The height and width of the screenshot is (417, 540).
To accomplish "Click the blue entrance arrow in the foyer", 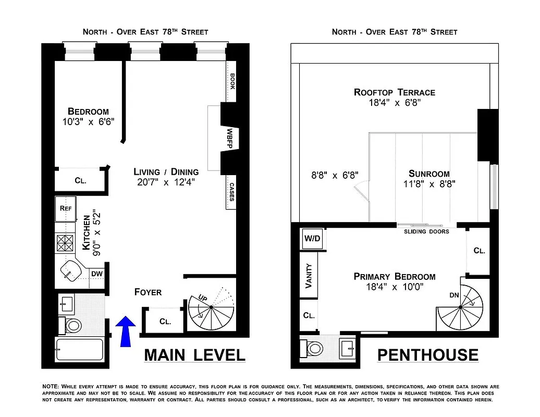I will pos(125,332).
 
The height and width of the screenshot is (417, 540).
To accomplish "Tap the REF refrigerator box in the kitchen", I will pos(66,208).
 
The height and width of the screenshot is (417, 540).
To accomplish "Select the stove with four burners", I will pos(66,243).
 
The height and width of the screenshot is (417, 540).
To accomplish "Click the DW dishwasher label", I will pos(97,274).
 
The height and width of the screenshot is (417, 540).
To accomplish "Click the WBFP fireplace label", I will pos(229,139).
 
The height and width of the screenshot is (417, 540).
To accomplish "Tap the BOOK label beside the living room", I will pos(232,81).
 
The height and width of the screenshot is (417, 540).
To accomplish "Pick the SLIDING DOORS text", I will pos(426,231).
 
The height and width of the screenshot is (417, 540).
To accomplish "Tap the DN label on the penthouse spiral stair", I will pos(455,295).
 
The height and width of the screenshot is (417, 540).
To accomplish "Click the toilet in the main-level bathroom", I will pos(71,326).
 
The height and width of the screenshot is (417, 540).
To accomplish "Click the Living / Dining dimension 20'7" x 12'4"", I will pos(166,182).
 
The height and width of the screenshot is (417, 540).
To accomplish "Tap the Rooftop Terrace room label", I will pos(394,92).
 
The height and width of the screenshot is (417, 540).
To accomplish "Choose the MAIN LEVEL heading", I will pos(194,355).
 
